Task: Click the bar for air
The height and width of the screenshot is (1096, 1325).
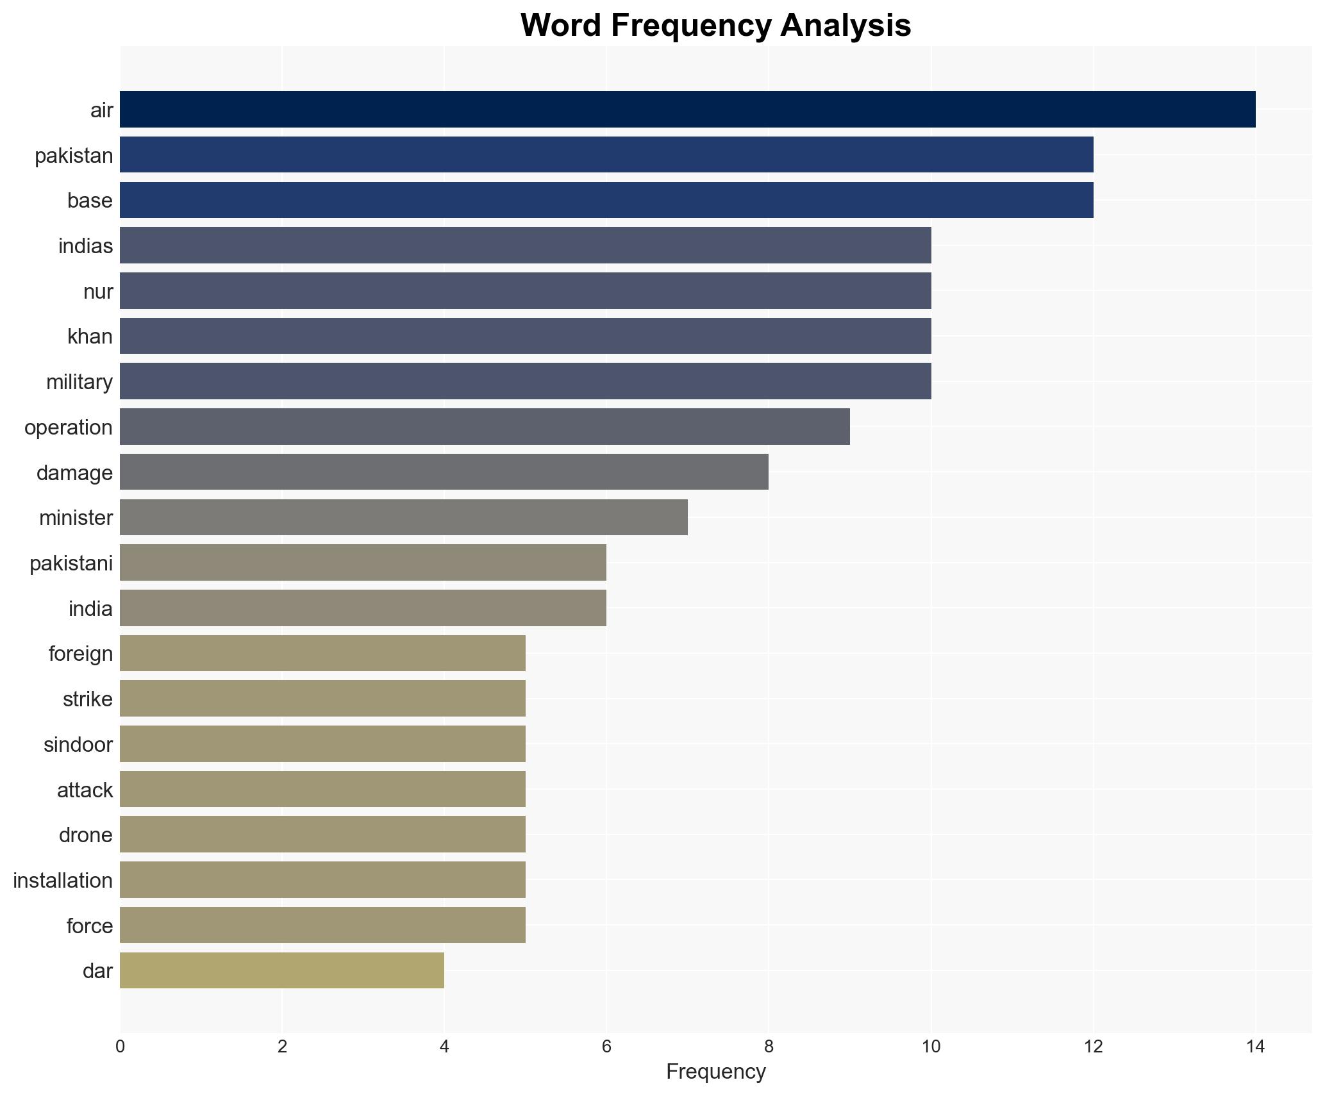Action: (687, 110)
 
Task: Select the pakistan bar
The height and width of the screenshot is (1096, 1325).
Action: (606, 155)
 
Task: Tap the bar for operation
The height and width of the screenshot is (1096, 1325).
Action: (485, 427)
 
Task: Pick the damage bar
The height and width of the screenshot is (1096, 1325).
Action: (444, 472)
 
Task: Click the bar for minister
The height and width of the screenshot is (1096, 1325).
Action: (404, 517)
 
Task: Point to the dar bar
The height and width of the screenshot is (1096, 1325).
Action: (282, 970)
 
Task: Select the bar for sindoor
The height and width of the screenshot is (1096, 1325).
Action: (322, 744)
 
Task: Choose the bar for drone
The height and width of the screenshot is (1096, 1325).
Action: (322, 834)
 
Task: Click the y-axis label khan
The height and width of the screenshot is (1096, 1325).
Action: (90, 336)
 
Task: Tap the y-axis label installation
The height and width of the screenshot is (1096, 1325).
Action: (63, 881)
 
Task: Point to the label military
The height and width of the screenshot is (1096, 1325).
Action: (79, 382)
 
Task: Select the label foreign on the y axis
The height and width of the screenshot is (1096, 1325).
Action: (81, 654)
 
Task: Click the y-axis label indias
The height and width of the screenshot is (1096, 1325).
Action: (85, 246)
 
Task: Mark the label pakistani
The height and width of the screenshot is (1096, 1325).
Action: (71, 563)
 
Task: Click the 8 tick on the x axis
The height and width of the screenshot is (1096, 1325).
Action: (769, 1047)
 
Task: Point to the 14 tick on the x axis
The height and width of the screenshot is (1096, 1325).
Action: (1255, 1047)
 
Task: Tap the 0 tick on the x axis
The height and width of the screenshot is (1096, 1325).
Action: (120, 1047)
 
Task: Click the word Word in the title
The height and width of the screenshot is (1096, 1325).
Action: (560, 26)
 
